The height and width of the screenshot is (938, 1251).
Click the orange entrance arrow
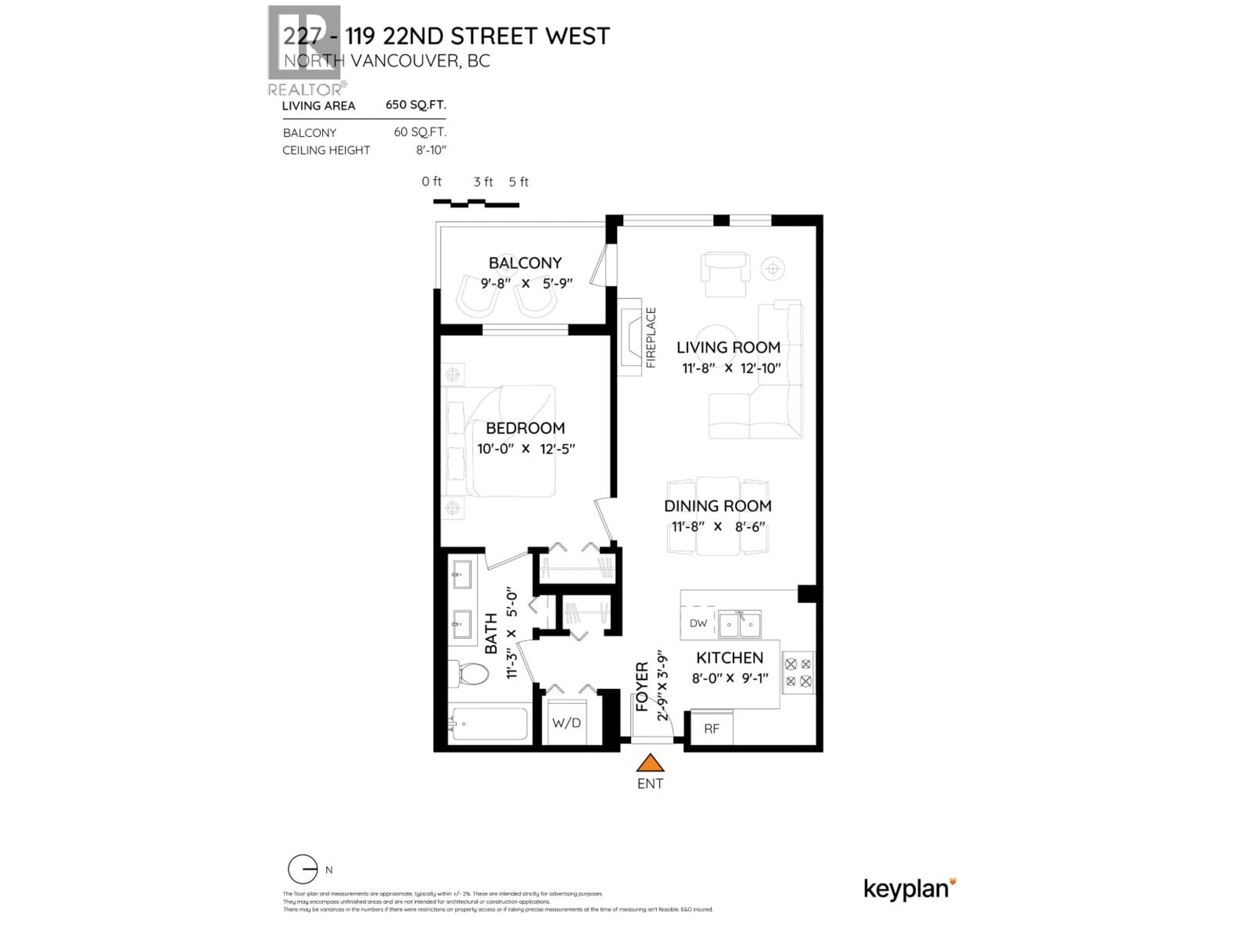650,763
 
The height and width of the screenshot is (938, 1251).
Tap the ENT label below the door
650,784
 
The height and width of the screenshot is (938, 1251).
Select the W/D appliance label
566,723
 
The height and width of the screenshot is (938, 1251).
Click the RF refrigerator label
712,729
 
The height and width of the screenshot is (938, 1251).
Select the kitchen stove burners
798,673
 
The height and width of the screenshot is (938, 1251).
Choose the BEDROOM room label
525,428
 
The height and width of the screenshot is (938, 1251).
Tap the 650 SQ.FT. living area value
416,105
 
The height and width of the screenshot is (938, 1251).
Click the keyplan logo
909,889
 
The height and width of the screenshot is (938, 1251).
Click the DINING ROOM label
718,506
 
